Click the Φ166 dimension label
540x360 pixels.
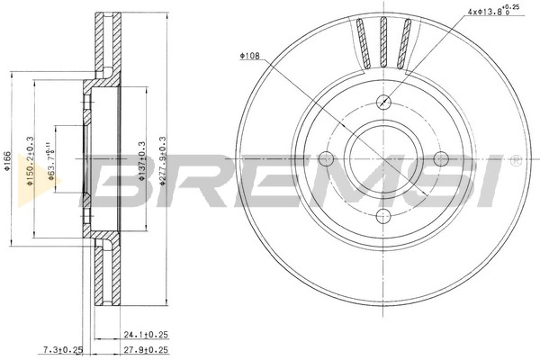[8, 161]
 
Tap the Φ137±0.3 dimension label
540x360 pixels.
[142, 161]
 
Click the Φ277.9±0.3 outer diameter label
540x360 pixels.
[163, 161]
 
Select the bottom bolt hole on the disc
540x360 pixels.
[383, 215]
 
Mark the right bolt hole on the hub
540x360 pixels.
[440, 158]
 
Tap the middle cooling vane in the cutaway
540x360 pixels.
[383, 42]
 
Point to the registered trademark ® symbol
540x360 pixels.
[514, 162]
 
